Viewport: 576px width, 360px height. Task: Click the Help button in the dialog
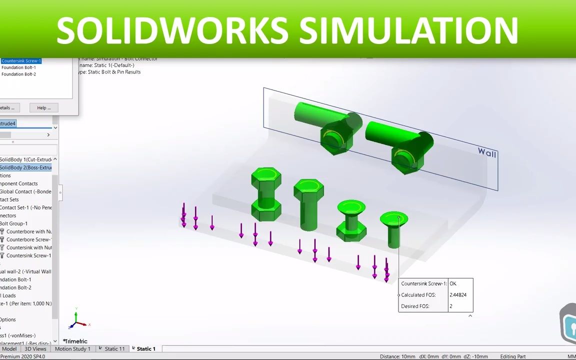click(43, 107)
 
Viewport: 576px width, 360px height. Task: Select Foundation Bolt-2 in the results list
click(18, 74)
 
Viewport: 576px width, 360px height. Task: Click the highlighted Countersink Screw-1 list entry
click(21, 61)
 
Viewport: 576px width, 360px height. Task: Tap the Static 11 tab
click(114, 348)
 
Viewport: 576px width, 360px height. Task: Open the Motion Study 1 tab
click(72, 348)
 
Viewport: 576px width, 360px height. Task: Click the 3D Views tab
click(35, 348)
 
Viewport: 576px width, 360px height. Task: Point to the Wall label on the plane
click(487, 152)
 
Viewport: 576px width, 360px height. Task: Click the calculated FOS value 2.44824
click(458, 295)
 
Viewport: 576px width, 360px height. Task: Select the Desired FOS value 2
click(451, 306)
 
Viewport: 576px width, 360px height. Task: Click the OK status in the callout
click(453, 283)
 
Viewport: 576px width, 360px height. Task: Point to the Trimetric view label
click(76, 341)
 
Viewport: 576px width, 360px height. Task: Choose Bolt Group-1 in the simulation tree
click(13, 223)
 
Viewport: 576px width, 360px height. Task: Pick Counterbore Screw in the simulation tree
click(28, 239)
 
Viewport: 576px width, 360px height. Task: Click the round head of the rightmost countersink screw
click(394, 219)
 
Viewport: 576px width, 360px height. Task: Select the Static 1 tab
click(146, 348)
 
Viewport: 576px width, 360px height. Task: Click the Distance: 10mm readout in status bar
click(397, 356)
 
